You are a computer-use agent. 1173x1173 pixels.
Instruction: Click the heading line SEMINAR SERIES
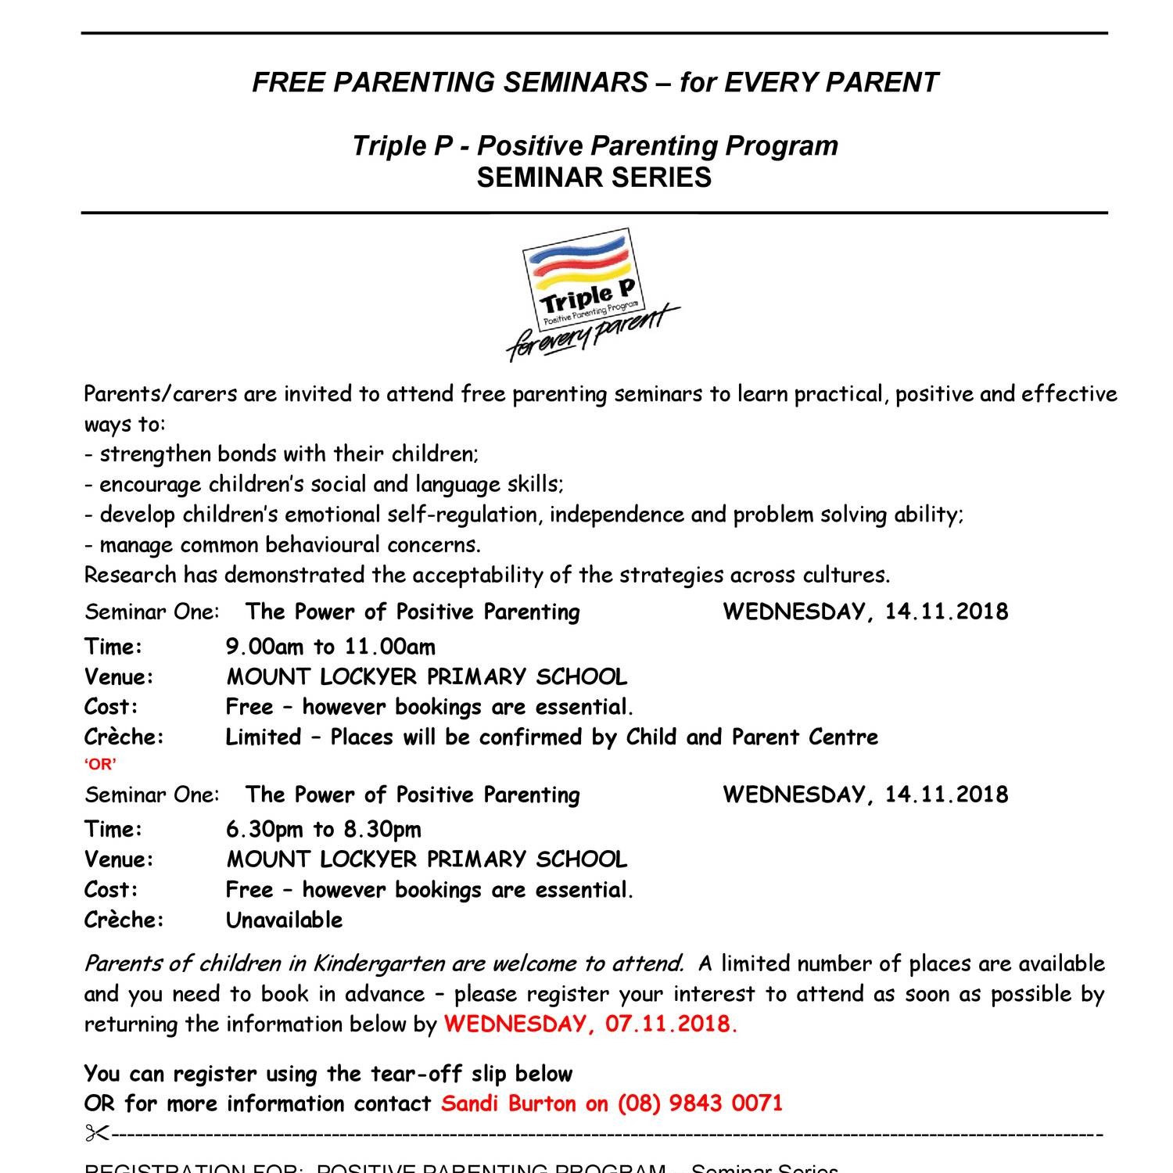pyautogui.click(x=594, y=178)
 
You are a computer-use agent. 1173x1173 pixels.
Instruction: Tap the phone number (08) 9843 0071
pyautogui.click(x=700, y=1103)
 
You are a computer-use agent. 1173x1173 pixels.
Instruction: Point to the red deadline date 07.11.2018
pyautogui.click(x=670, y=1024)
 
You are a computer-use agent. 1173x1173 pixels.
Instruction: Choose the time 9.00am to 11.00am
pyautogui.click(x=331, y=647)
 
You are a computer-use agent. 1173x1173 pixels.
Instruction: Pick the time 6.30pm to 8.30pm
pyautogui.click(x=324, y=829)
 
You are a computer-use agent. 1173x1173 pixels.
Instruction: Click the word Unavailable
pyautogui.click(x=285, y=920)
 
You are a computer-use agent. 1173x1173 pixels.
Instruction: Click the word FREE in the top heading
pyautogui.click(x=286, y=82)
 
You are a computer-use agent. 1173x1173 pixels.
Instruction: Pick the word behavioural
pyautogui.click(x=333, y=545)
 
